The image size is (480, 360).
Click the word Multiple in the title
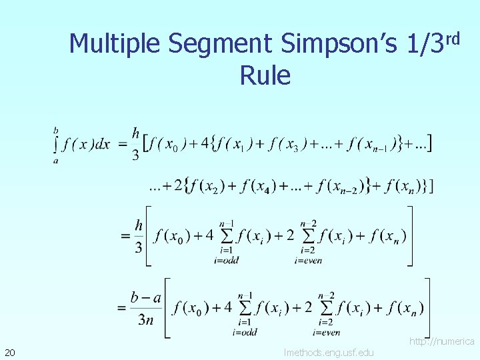point(115,45)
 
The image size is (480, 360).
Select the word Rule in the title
point(265,76)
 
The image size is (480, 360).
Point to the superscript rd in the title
point(453,38)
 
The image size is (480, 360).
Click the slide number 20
point(10,351)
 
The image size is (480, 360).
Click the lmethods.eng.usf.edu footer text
point(329,352)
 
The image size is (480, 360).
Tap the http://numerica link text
point(441,341)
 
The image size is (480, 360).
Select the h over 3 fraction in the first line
point(135,144)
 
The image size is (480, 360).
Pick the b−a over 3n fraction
point(146,307)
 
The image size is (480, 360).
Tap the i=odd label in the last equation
point(244,332)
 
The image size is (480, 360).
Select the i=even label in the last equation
point(326,332)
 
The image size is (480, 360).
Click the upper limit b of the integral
point(55,130)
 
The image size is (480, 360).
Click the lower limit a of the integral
point(55,161)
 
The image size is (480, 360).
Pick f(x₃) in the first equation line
point(289,144)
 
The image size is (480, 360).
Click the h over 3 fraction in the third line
point(138,236)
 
